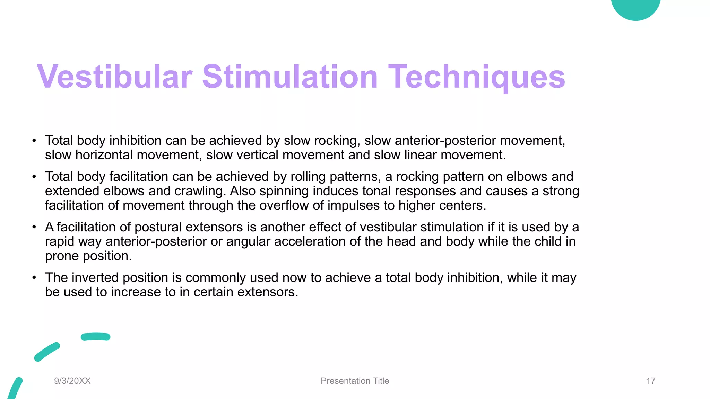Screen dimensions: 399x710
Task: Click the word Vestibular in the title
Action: (114, 77)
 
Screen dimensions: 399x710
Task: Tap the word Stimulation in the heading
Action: (289, 77)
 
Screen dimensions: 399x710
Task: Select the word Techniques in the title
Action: (477, 77)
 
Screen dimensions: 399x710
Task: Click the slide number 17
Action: (651, 381)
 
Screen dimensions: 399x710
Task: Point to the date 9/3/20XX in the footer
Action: (72, 381)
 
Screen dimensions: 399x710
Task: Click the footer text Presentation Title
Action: (355, 381)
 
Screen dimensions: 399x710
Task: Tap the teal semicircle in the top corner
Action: (635, 8)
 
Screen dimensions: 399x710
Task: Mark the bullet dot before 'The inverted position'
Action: (34, 278)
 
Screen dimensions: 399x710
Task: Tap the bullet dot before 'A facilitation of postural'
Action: (34, 227)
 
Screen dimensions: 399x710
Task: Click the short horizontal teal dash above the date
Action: (95, 337)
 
